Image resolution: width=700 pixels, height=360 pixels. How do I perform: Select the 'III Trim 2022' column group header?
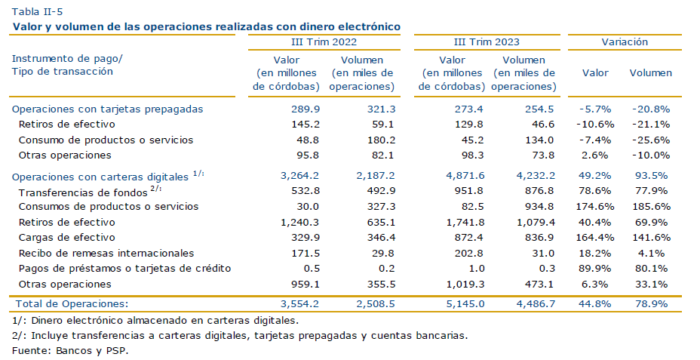click(x=324, y=42)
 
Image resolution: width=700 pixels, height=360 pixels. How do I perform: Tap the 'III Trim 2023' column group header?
click(x=487, y=42)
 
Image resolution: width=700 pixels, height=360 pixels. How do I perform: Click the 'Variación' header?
click(x=625, y=42)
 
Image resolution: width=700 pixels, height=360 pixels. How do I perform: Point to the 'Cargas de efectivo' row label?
click(x=67, y=238)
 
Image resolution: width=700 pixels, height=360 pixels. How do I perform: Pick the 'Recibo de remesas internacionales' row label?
click(x=106, y=254)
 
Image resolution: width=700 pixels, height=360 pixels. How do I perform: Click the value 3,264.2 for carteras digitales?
click(x=300, y=176)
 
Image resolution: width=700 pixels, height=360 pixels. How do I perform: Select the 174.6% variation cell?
click(x=595, y=206)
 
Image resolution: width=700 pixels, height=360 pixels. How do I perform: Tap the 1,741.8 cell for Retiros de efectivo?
click(x=465, y=222)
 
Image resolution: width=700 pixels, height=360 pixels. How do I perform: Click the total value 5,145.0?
click(x=465, y=303)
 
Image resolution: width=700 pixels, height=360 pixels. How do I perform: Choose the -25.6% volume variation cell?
click(x=651, y=140)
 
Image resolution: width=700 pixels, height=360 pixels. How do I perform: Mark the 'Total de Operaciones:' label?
click(x=72, y=303)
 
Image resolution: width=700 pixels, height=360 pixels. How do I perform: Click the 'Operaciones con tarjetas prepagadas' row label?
click(x=108, y=109)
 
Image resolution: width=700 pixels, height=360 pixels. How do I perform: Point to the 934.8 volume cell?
click(x=539, y=206)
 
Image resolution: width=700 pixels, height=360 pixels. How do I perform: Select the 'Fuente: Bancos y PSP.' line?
click(x=70, y=351)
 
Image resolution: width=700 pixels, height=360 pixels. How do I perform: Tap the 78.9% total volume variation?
click(x=652, y=303)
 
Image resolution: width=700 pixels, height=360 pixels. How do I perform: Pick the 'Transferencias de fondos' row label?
click(x=83, y=193)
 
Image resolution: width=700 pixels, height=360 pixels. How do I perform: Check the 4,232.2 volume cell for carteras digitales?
click(x=536, y=176)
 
